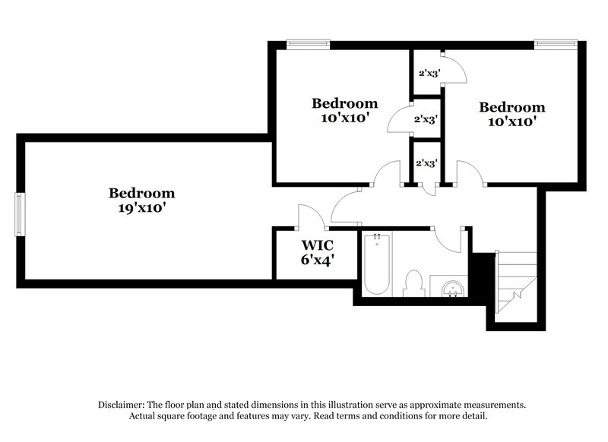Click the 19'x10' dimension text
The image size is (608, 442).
pos(141,207)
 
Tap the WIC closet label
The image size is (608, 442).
pos(318,245)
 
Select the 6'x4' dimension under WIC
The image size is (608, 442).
pos(318,260)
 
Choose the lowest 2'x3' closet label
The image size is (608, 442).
pos(426,163)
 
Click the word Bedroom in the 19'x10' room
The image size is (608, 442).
pos(141,193)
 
